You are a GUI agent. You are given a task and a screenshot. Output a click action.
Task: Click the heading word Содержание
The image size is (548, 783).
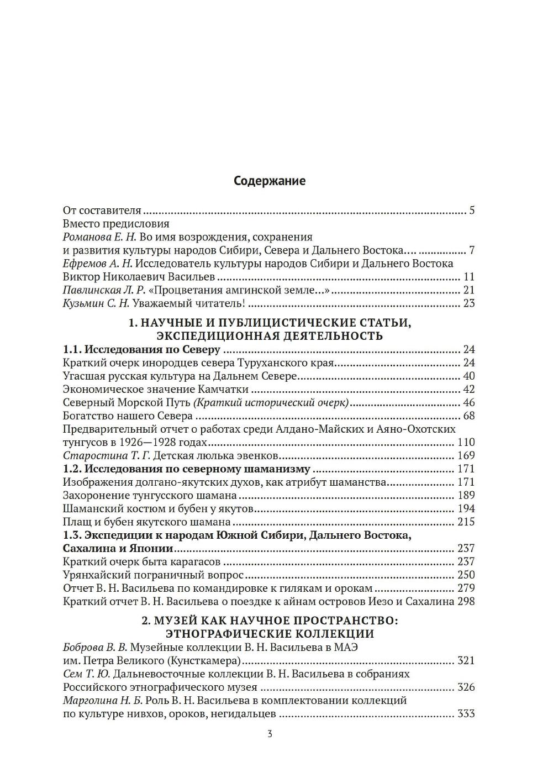(x=269, y=181)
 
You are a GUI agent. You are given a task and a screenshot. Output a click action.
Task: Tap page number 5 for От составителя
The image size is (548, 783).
(x=472, y=211)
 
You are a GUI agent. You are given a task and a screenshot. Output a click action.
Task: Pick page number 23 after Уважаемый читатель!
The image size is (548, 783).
(x=468, y=303)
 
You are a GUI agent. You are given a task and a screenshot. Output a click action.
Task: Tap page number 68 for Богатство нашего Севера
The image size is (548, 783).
(x=468, y=416)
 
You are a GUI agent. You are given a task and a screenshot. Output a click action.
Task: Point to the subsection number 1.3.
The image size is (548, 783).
(x=72, y=535)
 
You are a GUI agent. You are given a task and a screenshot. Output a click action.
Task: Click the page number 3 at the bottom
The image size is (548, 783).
(x=270, y=734)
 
